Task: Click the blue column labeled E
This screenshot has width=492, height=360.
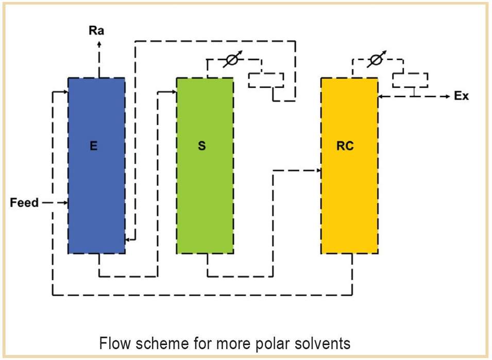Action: tap(97, 165)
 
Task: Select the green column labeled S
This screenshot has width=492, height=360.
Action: tap(205, 165)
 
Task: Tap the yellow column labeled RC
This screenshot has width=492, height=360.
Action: tap(349, 165)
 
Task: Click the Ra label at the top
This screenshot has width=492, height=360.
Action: tap(96, 31)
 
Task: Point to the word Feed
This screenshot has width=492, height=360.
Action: tap(24, 202)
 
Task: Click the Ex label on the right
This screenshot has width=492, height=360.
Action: tap(461, 96)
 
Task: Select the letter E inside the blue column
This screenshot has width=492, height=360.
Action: tap(93, 146)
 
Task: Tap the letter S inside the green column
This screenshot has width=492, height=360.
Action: tap(202, 146)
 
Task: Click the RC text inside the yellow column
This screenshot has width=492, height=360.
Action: tap(345, 146)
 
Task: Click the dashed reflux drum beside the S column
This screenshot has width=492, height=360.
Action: tap(266, 80)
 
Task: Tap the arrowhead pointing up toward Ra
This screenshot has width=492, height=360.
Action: tap(99, 43)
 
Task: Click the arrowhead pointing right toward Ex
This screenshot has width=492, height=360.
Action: tap(448, 97)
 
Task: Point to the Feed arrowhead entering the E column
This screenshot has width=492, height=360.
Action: tap(65, 203)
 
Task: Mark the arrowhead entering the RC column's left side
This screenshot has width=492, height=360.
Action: tap(318, 170)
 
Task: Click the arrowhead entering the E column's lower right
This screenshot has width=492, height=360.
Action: tap(128, 240)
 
